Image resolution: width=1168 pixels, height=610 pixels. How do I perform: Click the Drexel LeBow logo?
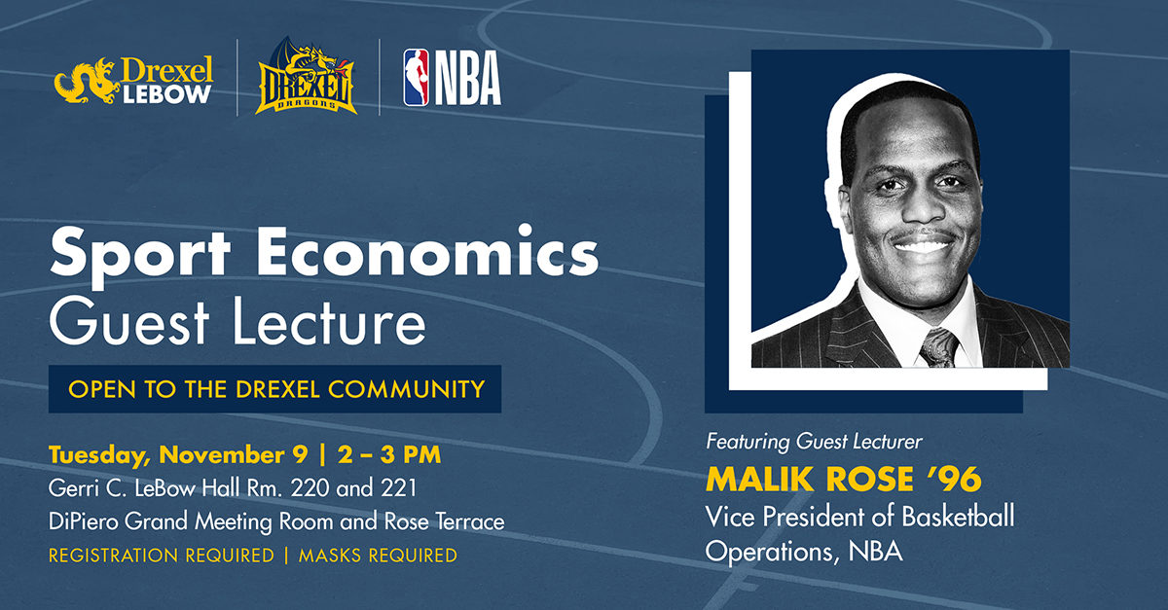tap(134, 80)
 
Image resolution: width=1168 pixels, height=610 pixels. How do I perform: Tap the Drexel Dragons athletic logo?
tap(306, 76)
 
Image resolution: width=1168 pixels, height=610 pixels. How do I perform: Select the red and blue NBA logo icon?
tap(417, 78)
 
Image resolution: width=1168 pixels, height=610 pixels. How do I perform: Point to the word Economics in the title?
tap(427, 250)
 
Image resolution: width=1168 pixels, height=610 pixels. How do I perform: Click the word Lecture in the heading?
tap(329, 321)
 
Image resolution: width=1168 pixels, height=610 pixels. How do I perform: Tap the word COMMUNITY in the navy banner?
tap(407, 389)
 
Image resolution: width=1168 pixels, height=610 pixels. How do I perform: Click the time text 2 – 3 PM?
tap(389, 454)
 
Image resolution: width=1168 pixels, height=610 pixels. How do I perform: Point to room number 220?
tap(310, 488)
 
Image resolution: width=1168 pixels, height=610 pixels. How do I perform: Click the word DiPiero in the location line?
tap(84, 521)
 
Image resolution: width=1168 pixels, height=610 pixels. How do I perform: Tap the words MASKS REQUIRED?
tap(378, 556)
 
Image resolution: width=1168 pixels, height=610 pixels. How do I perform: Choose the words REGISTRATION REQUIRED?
tap(162, 556)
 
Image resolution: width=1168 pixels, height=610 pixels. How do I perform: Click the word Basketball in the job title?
tap(959, 517)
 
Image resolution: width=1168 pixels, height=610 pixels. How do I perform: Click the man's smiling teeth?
tap(923, 245)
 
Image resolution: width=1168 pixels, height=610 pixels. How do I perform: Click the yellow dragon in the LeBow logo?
tap(86, 81)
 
